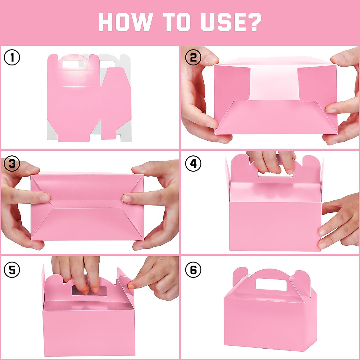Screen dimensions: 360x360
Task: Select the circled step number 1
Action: (12, 57)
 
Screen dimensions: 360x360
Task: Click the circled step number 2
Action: (193, 57)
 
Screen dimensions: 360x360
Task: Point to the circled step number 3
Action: (12, 164)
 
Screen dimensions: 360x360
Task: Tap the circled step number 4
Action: (193, 164)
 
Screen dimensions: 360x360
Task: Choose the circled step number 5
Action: (12, 270)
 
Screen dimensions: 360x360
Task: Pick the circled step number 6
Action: (193, 270)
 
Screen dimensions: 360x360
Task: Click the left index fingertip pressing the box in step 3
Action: (45, 197)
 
